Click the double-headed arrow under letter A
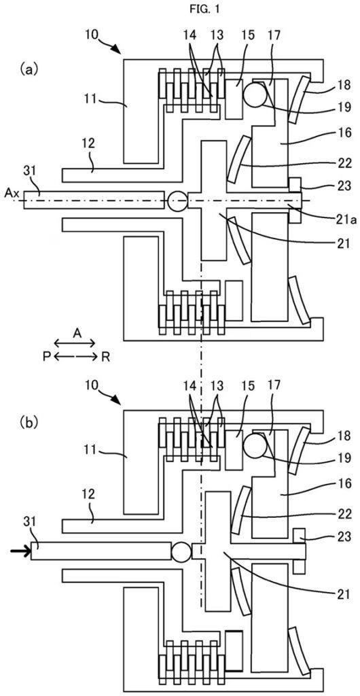point(77,344)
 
